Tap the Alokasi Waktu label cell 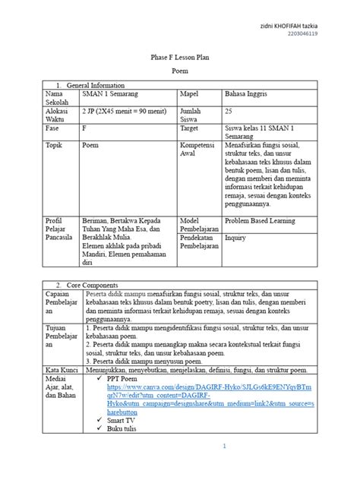click(58, 115)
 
